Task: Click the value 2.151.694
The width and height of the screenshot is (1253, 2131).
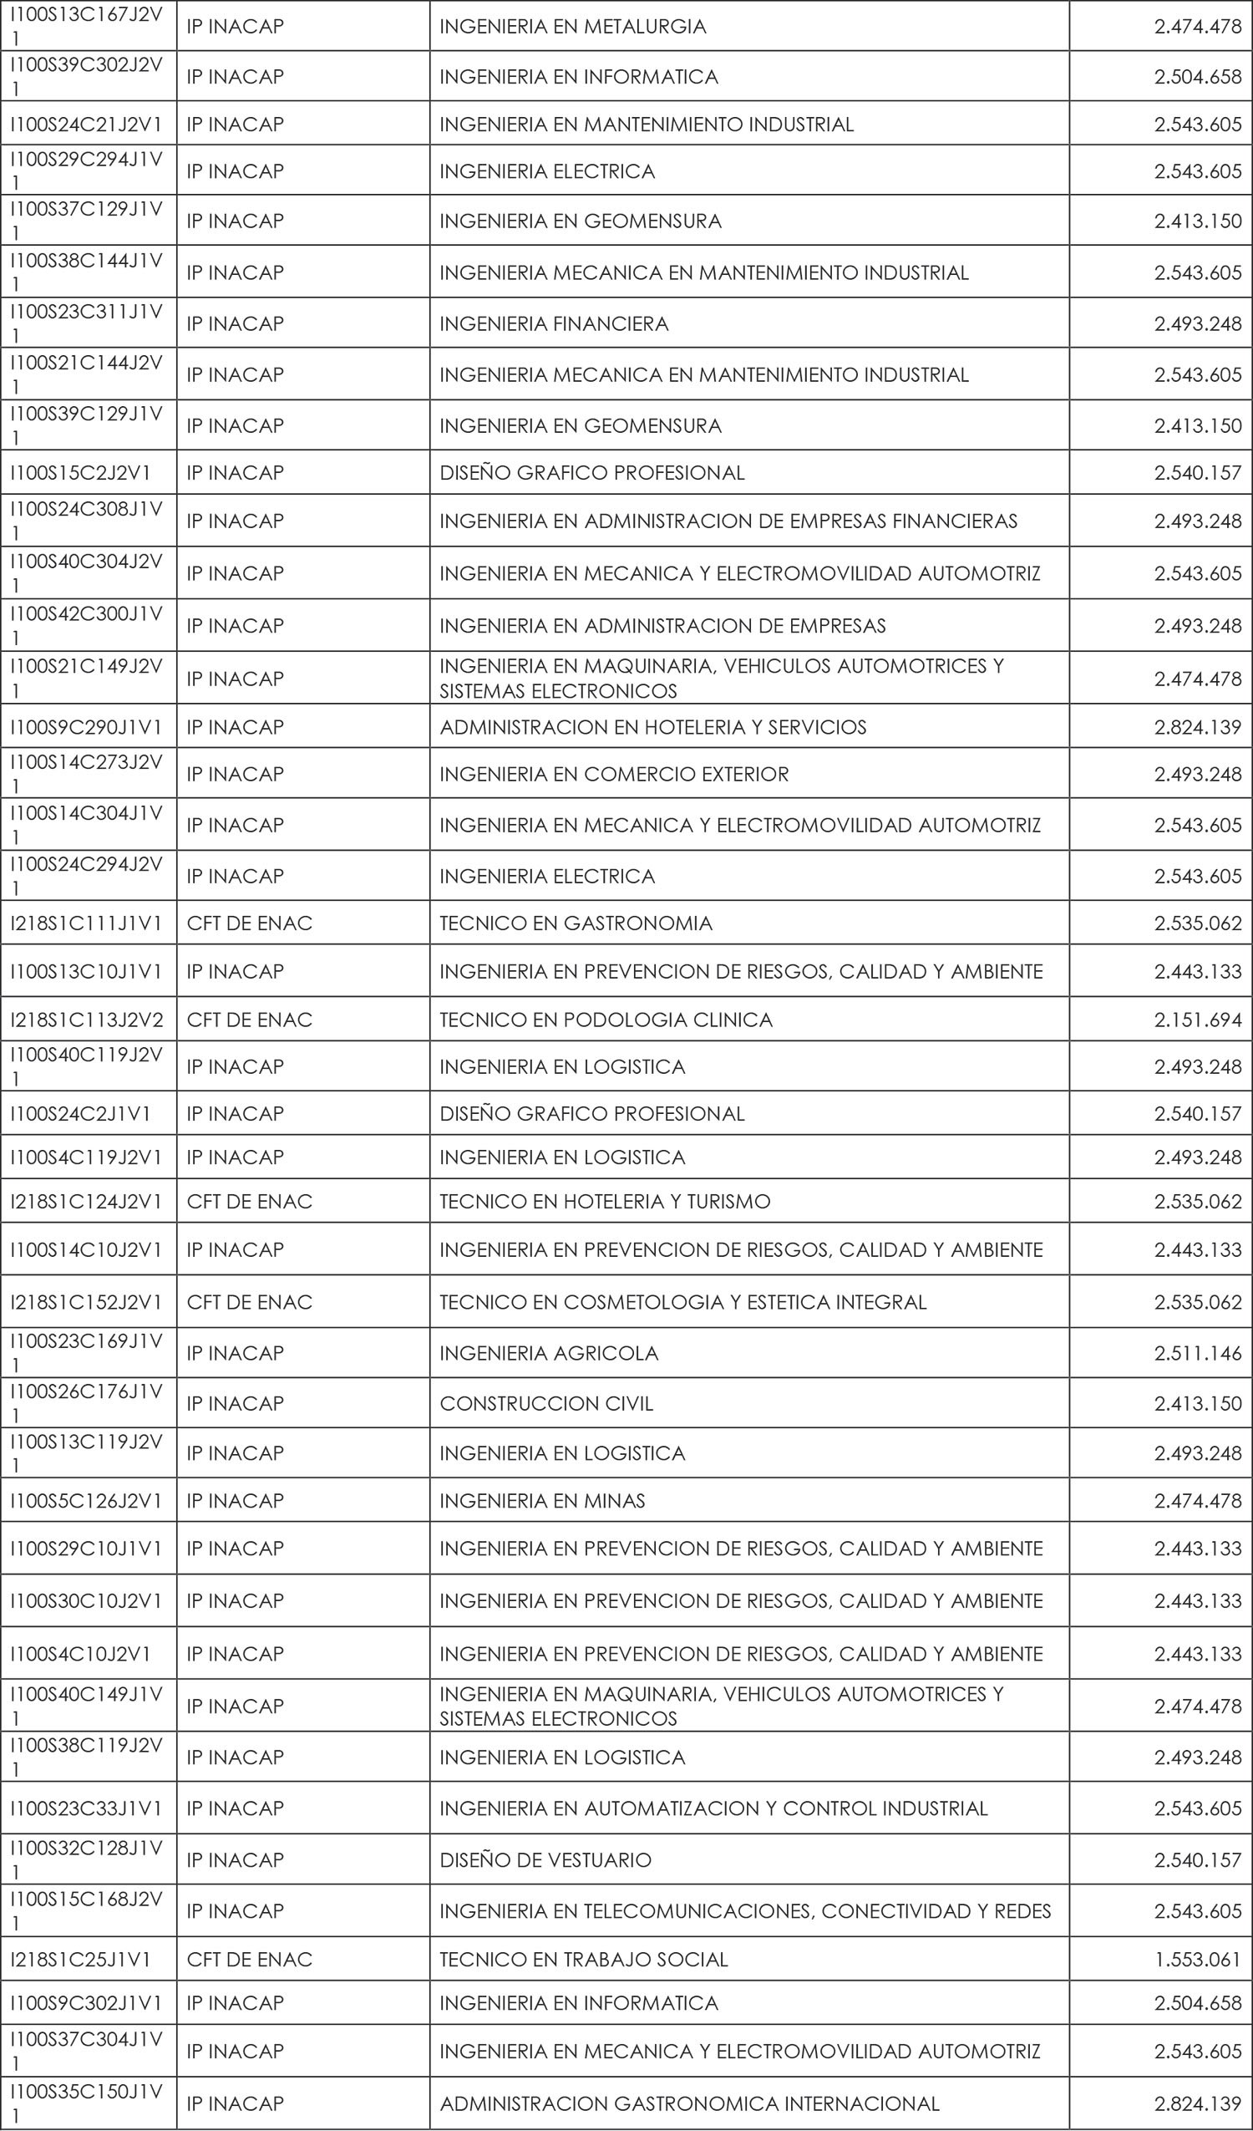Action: [1197, 1020]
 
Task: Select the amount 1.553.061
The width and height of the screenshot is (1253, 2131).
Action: [1197, 1960]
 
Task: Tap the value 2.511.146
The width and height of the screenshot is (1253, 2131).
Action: [1197, 1353]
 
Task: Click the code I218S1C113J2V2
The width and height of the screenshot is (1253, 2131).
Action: [86, 1020]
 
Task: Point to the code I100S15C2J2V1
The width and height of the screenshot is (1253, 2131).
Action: [80, 473]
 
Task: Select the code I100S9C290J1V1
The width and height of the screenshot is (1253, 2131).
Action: [86, 727]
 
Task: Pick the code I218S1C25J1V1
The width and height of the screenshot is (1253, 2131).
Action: [80, 1960]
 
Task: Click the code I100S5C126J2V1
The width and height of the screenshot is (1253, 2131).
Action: [86, 1501]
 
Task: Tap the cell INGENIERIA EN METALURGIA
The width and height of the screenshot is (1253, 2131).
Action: [572, 27]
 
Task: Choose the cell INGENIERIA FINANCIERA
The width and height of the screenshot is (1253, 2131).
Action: [554, 324]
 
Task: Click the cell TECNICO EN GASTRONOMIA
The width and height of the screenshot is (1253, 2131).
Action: [576, 923]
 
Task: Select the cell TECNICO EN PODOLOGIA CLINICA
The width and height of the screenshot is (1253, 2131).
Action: [606, 1020]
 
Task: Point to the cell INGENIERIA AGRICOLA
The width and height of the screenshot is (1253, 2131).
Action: [549, 1353]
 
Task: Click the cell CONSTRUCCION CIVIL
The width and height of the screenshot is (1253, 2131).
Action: [546, 1404]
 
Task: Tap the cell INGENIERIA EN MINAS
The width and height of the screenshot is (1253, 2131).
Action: [542, 1501]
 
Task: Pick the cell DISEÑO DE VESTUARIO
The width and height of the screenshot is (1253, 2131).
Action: [545, 1860]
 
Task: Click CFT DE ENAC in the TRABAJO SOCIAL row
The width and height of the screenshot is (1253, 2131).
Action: [250, 1960]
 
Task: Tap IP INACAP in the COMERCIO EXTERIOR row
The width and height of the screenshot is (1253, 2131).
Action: [235, 775]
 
